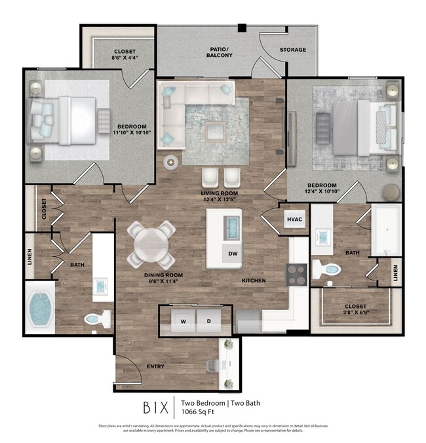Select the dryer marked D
click(x=208, y=320)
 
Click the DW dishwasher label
click(x=233, y=253)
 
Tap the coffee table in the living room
click(x=216, y=130)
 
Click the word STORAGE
click(x=293, y=50)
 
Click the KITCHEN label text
click(x=254, y=280)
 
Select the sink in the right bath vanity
click(x=322, y=237)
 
